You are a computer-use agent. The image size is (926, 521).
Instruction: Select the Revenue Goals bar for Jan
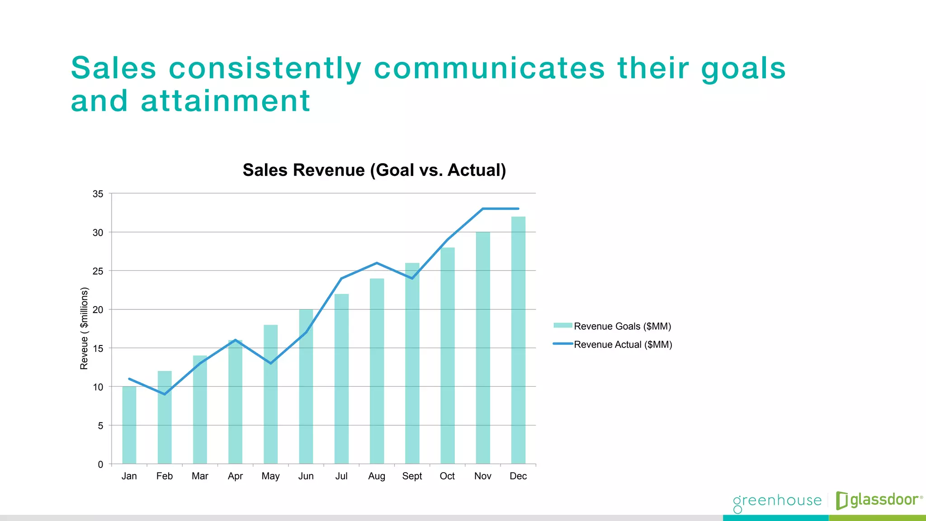click(x=129, y=425)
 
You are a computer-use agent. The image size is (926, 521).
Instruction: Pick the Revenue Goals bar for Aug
click(x=377, y=371)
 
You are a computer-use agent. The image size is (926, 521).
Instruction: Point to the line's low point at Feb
click(x=165, y=394)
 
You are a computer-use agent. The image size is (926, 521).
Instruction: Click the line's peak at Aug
click(x=377, y=263)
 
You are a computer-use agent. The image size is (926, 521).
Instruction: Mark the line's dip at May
click(x=270, y=363)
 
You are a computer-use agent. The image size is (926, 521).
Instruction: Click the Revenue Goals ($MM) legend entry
click(x=612, y=326)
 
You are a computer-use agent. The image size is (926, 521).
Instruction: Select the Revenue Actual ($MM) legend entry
click(x=612, y=345)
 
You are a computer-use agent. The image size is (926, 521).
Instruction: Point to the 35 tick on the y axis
click(x=98, y=194)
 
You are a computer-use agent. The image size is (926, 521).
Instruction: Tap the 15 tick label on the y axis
click(x=98, y=349)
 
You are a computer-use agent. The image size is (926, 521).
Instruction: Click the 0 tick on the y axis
click(x=100, y=464)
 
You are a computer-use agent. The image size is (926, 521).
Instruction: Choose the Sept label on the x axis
click(x=412, y=476)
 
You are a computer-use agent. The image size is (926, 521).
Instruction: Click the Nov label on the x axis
click(x=482, y=476)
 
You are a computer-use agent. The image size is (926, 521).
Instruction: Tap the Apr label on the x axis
click(x=235, y=476)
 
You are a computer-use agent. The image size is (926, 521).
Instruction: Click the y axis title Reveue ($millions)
click(x=84, y=328)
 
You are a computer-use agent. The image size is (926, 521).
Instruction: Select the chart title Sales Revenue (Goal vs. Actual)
click(x=374, y=171)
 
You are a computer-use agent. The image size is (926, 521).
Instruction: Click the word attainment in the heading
click(x=225, y=101)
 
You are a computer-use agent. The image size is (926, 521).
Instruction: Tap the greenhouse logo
click(x=777, y=501)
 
